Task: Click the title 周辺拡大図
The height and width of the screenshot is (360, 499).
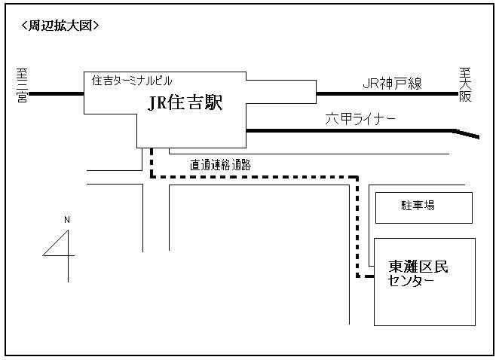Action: [x=60, y=26]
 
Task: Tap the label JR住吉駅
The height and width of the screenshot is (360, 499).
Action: [x=185, y=102]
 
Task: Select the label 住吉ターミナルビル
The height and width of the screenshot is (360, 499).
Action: [x=132, y=81]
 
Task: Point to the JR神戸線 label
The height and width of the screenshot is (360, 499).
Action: [x=392, y=84]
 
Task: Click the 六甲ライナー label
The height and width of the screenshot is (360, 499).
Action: [x=360, y=119]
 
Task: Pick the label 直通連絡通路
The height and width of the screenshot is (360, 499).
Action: [x=221, y=165]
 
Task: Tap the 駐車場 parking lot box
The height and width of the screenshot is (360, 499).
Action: [x=424, y=208]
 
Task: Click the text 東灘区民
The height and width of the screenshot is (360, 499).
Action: [x=418, y=267]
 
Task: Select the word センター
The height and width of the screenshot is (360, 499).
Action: [x=411, y=280]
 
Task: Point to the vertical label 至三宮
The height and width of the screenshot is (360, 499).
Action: [x=22, y=85]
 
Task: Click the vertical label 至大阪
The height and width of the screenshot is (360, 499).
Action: [x=465, y=84]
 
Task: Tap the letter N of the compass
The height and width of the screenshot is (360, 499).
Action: [x=67, y=219]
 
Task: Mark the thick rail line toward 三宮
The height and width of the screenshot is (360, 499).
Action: [x=56, y=94]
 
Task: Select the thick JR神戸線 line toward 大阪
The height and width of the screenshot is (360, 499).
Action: [x=387, y=94]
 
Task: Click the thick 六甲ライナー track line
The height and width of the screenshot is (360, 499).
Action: [x=350, y=130]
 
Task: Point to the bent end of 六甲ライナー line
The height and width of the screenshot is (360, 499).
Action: [x=467, y=134]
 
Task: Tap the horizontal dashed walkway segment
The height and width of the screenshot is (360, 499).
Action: [x=255, y=176]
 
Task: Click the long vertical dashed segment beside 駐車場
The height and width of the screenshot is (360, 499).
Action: [x=357, y=227]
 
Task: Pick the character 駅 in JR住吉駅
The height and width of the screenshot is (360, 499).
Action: [x=213, y=102]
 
